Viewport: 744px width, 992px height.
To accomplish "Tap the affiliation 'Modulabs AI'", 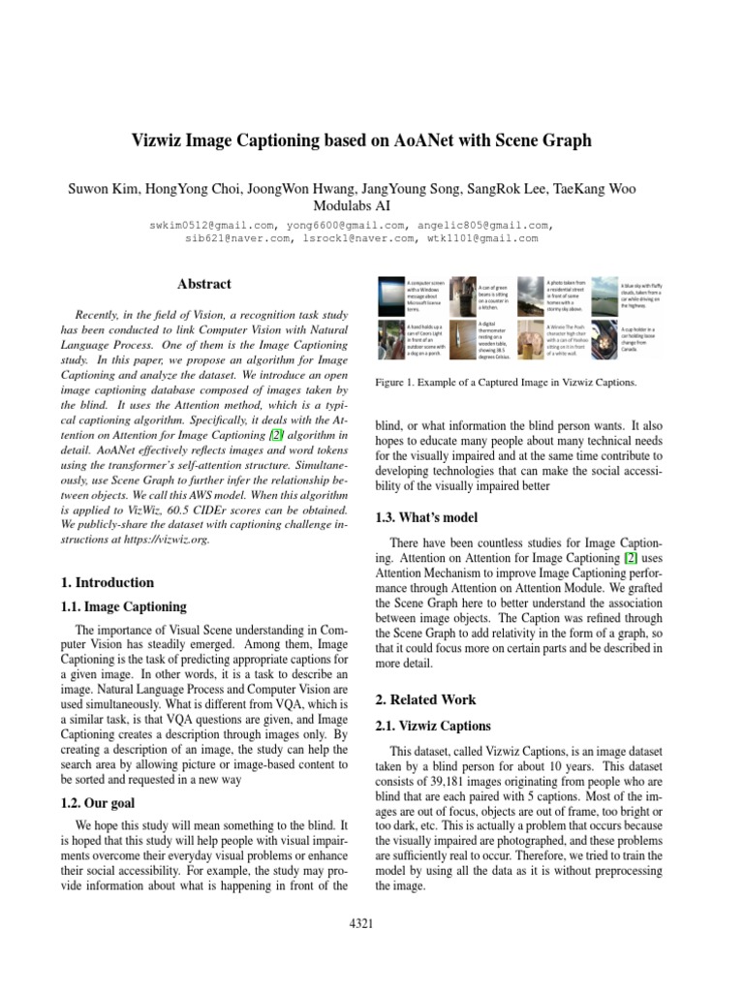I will click(x=372, y=205).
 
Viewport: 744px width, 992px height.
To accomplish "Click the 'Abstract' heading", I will click(x=204, y=284).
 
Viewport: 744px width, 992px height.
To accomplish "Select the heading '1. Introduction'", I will click(x=107, y=582).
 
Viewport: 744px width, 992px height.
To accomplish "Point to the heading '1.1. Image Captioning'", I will click(x=123, y=607).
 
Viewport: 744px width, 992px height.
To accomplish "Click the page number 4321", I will click(x=360, y=924).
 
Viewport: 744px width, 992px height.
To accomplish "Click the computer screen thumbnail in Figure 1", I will click(x=391, y=295).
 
